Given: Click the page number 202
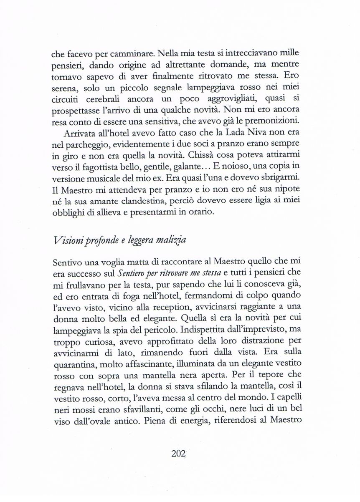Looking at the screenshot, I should coord(178,454).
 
